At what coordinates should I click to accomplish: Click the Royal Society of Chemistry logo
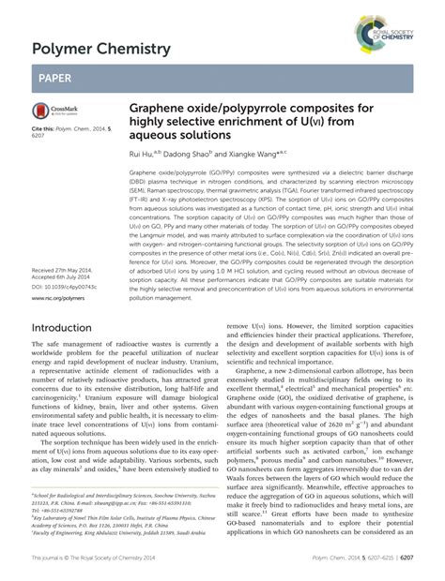[394, 26]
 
